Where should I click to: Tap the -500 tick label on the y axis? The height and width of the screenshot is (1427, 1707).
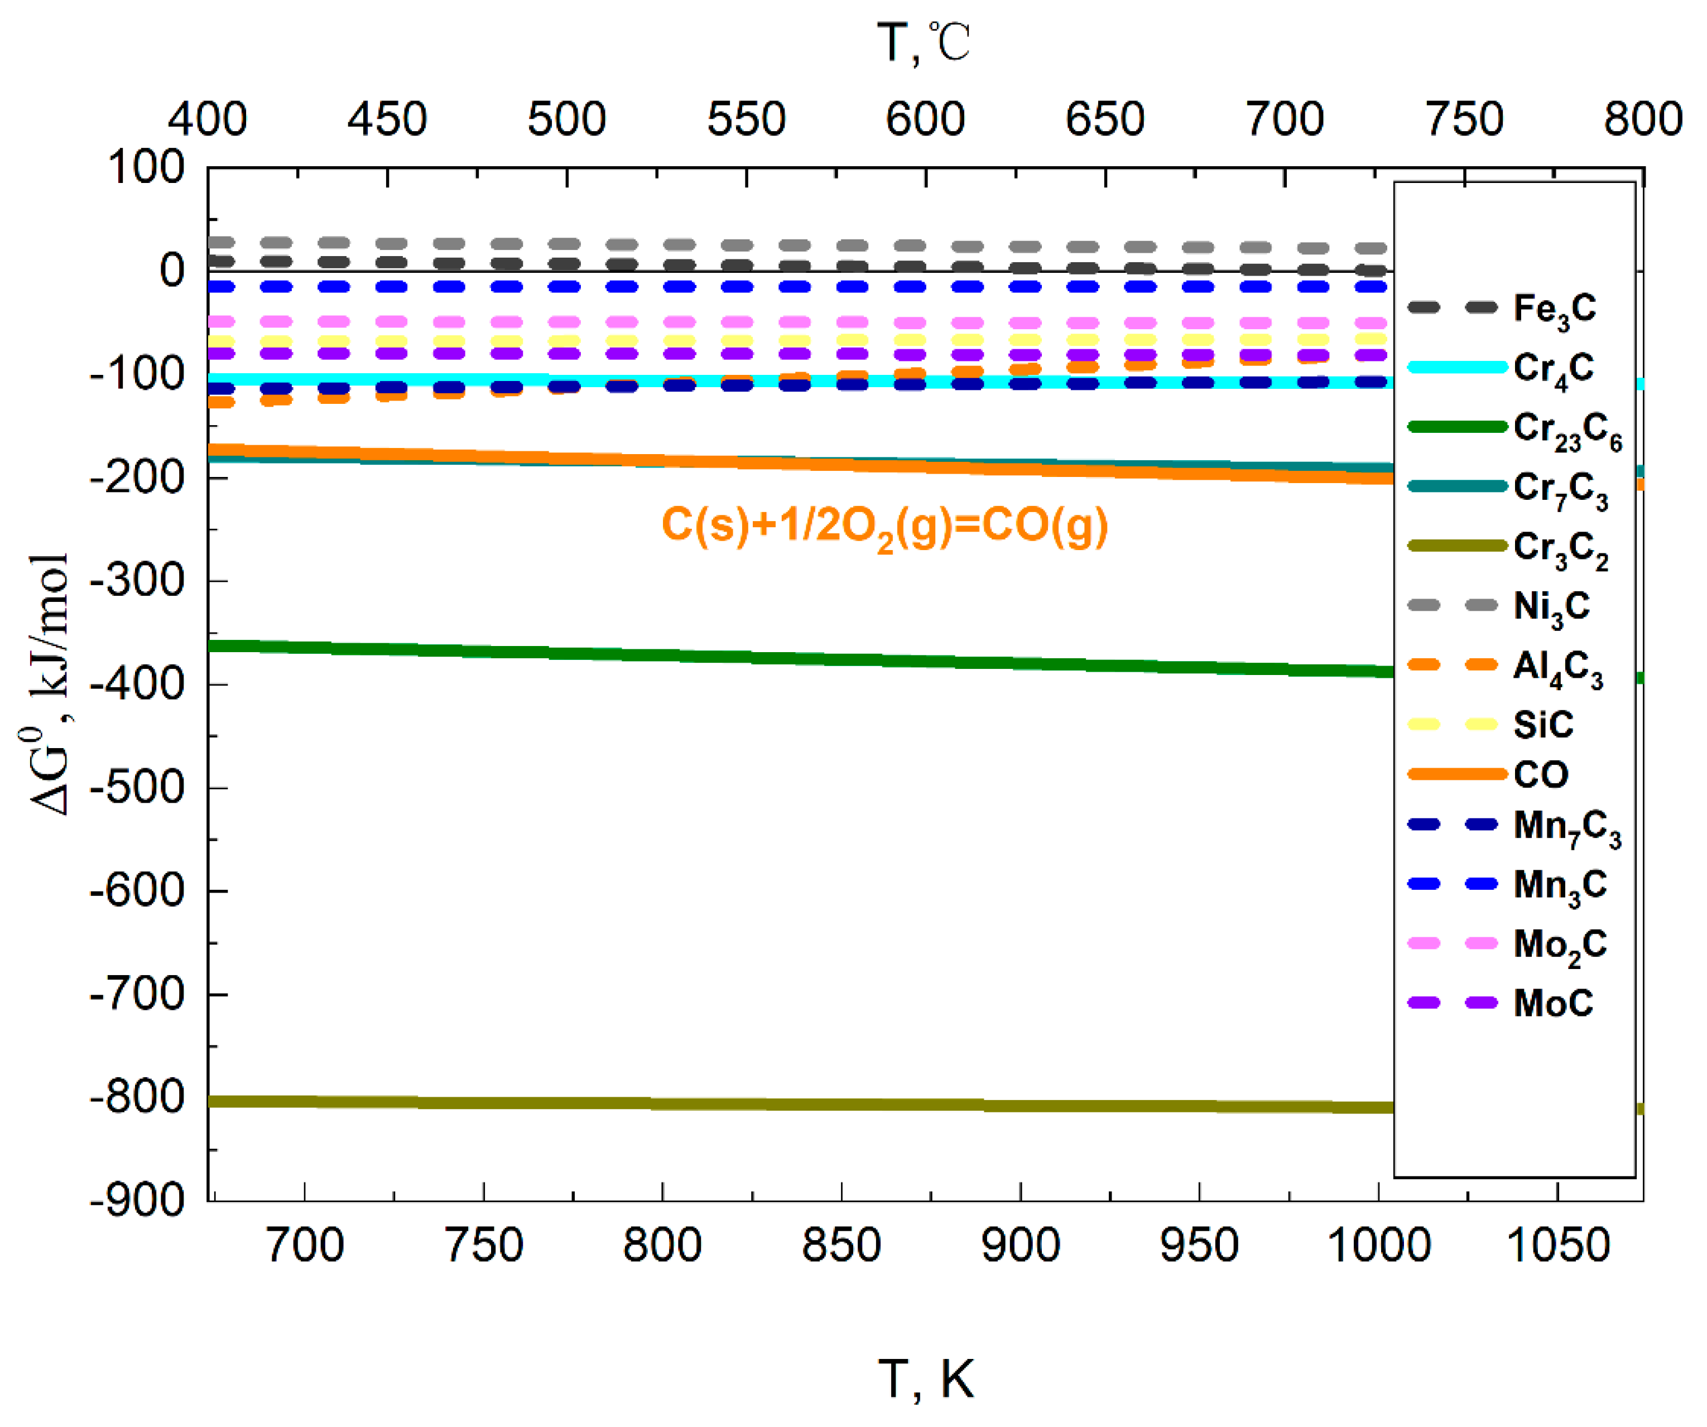click(137, 788)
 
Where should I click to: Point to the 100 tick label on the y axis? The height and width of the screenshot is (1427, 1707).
click(146, 168)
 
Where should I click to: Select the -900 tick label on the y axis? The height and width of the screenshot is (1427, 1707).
click(137, 1201)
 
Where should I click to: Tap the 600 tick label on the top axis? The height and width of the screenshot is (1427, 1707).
click(925, 119)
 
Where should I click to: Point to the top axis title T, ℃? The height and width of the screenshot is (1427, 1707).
click(924, 42)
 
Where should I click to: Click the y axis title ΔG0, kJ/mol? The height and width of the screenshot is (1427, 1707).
click(49, 683)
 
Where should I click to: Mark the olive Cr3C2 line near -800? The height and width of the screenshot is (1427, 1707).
click(732, 1105)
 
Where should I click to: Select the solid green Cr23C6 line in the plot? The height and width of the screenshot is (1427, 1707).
click(732, 659)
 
